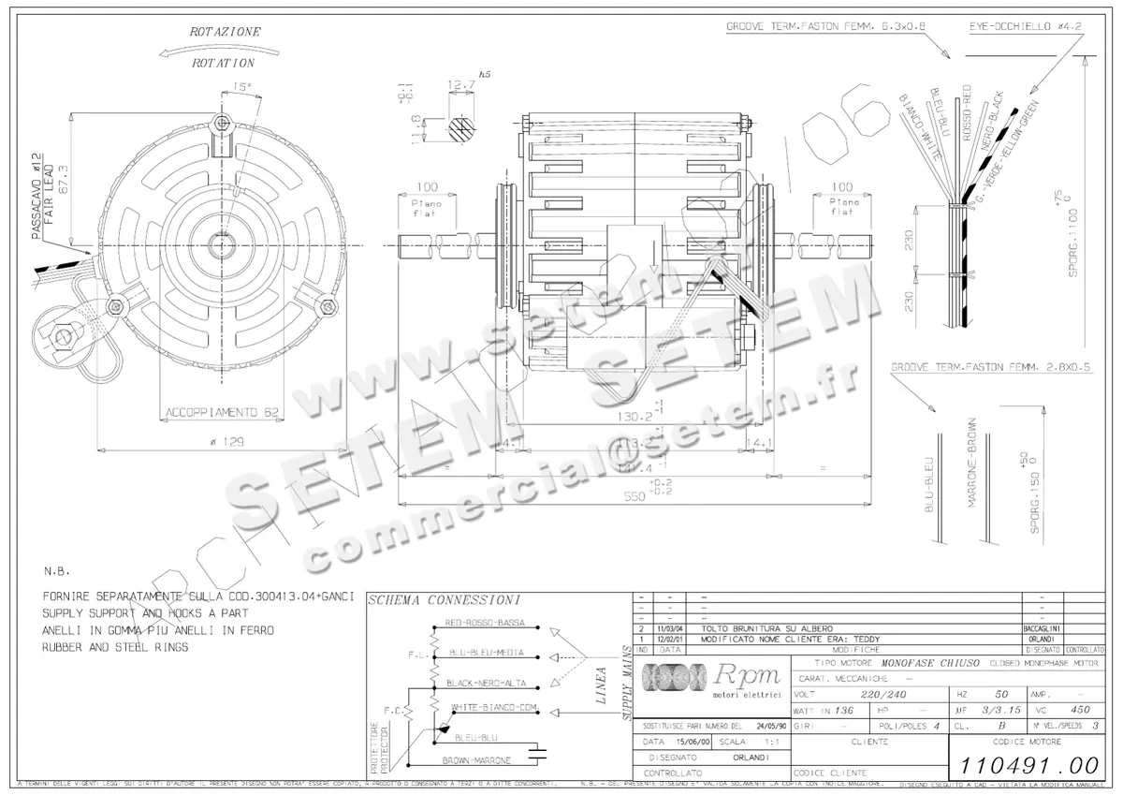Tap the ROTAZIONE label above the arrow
pos(226,31)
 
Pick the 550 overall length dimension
pos(635,498)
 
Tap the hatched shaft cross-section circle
pos(460,128)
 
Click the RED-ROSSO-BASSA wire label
pos(485,623)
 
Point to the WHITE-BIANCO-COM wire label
pos(492,708)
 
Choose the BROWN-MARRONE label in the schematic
pos(476,760)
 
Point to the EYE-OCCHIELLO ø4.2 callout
pos(1026,27)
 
